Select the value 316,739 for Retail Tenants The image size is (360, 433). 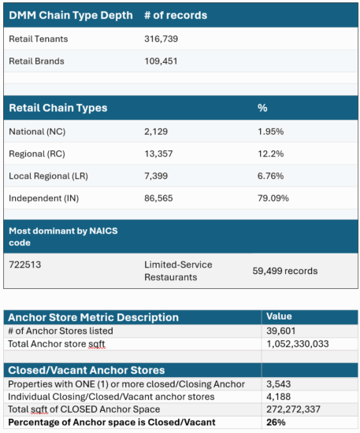[162, 39]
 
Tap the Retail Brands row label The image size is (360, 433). [36, 61]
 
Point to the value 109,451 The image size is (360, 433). [162, 61]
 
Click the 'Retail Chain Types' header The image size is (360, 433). [58, 107]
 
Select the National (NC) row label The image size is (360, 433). [36, 131]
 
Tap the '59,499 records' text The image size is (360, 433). [284, 271]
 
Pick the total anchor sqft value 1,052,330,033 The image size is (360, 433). [300, 343]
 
